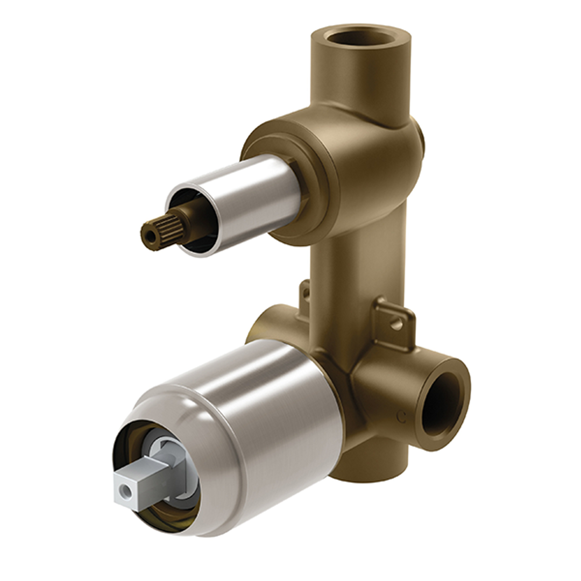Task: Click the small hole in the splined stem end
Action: [148, 236]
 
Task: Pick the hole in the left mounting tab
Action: [306, 294]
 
